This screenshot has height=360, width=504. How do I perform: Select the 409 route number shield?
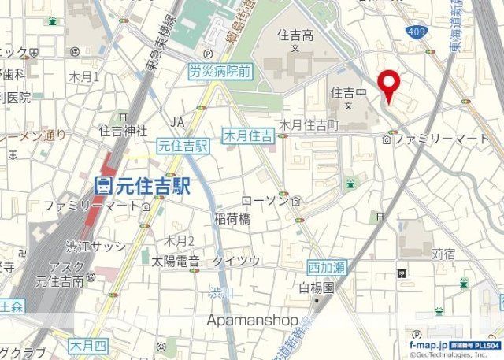(418, 32)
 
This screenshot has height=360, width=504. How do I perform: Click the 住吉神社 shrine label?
(123, 129)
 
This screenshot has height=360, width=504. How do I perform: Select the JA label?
(178, 121)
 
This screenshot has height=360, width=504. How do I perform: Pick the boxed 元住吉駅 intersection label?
(183, 146)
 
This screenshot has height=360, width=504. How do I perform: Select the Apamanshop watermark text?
(252, 321)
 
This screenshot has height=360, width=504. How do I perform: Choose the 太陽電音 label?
(176, 261)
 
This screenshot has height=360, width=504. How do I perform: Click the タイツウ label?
(236, 261)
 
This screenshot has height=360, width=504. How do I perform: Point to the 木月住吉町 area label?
(309, 124)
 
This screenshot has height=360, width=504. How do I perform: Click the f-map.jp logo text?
(428, 345)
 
